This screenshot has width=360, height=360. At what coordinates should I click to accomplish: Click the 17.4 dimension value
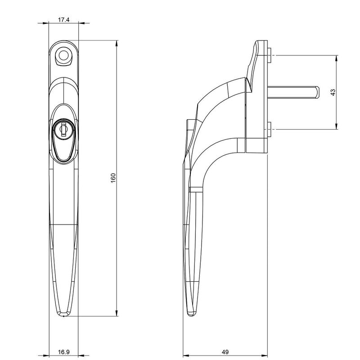[63, 20]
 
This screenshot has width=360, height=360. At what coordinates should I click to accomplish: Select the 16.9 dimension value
[63, 352]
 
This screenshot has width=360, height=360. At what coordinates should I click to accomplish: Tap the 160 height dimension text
[113, 178]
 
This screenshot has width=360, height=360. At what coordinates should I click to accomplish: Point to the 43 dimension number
[333, 92]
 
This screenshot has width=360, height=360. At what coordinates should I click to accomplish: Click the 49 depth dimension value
[225, 352]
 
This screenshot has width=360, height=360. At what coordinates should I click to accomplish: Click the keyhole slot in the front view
[63, 130]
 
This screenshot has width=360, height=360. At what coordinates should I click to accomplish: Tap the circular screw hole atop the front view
[63, 55]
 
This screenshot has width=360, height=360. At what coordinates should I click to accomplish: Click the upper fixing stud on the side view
[270, 55]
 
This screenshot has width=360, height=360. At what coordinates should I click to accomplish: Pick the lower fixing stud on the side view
[270, 129]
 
